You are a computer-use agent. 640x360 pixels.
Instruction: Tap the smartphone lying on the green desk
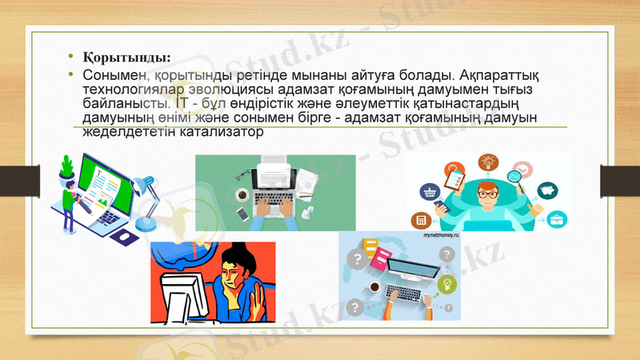pyautogui.click(x=242, y=214)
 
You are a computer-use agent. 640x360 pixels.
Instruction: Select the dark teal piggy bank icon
pyautogui.click(x=546, y=190)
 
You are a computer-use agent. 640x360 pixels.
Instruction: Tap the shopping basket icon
pyautogui.click(x=429, y=192)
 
